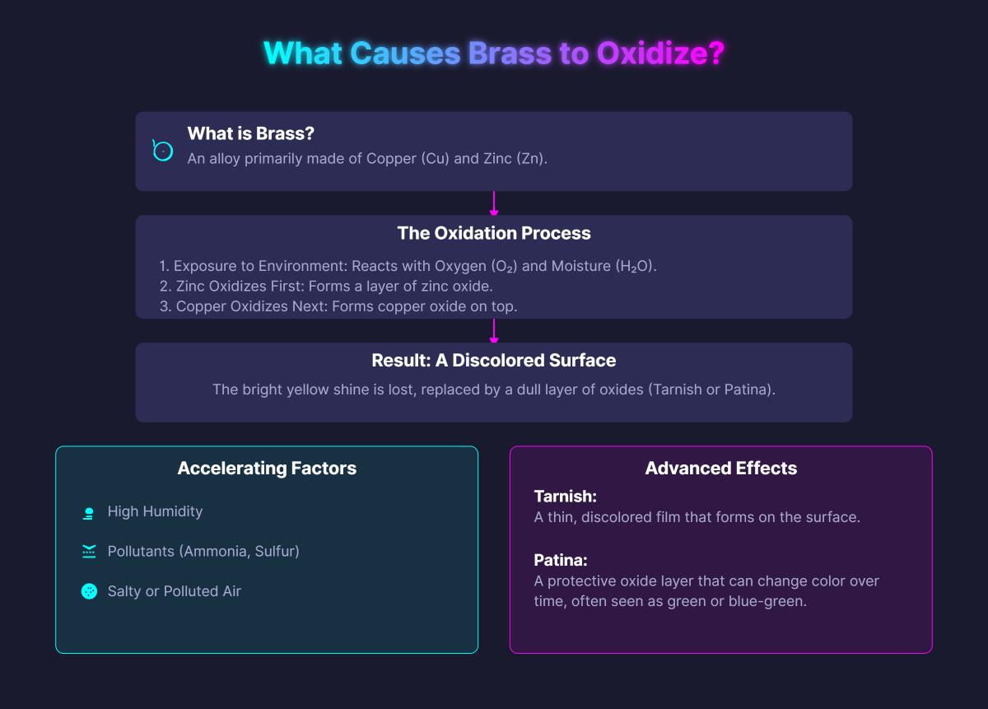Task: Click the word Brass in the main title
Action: tap(510, 54)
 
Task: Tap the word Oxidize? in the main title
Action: tap(660, 54)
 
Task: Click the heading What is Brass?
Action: tap(251, 133)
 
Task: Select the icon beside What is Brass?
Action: tap(163, 151)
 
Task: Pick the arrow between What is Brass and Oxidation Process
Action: tap(494, 203)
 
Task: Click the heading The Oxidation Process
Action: tap(494, 233)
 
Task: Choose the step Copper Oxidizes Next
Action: tap(243, 306)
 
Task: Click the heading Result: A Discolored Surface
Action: tap(494, 361)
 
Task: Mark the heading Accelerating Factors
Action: tap(267, 469)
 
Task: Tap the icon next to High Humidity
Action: tap(89, 512)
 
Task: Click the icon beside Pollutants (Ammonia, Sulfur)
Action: tap(89, 552)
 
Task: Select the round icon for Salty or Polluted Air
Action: tap(89, 591)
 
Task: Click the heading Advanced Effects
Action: tap(721, 469)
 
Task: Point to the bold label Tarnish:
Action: tap(565, 497)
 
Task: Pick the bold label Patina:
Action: tap(561, 561)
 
